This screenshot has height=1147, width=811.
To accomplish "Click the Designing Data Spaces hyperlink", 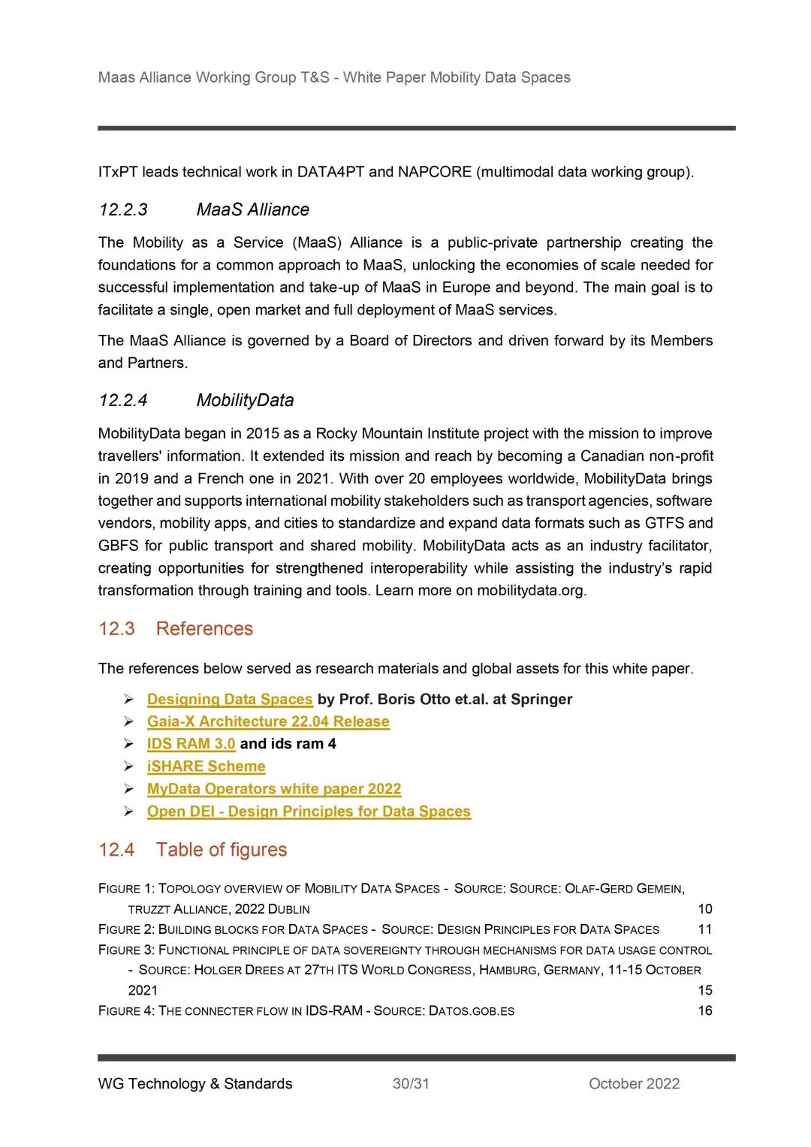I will (x=230, y=700).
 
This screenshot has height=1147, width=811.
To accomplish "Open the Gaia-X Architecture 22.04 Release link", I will (x=268, y=722).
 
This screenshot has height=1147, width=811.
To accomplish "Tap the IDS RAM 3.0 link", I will (x=191, y=744).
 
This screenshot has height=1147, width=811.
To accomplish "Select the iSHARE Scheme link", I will (x=206, y=766).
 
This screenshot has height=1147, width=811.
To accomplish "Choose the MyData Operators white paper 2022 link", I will (x=274, y=789).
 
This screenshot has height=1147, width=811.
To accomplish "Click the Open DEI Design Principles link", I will (x=309, y=811).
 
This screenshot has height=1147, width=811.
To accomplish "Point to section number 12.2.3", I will (x=123, y=210).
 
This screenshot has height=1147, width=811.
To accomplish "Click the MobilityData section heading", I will (x=245, y=401).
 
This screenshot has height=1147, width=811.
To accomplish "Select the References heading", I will (x=204, y=629).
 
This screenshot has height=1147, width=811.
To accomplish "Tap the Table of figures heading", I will (x=222, y=850).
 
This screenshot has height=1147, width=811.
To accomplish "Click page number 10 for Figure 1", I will (x=704, y=909).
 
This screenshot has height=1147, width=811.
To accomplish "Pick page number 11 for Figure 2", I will (x=704, y=929).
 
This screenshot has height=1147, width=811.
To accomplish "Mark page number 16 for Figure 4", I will (x=704, y=1010).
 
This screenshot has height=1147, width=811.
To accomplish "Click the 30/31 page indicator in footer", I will (x=411, y=1084).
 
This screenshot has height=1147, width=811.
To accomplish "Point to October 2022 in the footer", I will (x=634, y=1084).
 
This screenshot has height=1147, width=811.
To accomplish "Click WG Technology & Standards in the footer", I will (x=195, y=1084).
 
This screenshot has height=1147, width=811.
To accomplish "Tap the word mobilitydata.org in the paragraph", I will (x=530, y=591).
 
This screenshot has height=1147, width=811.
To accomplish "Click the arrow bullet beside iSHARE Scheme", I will (x=129, y=766).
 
